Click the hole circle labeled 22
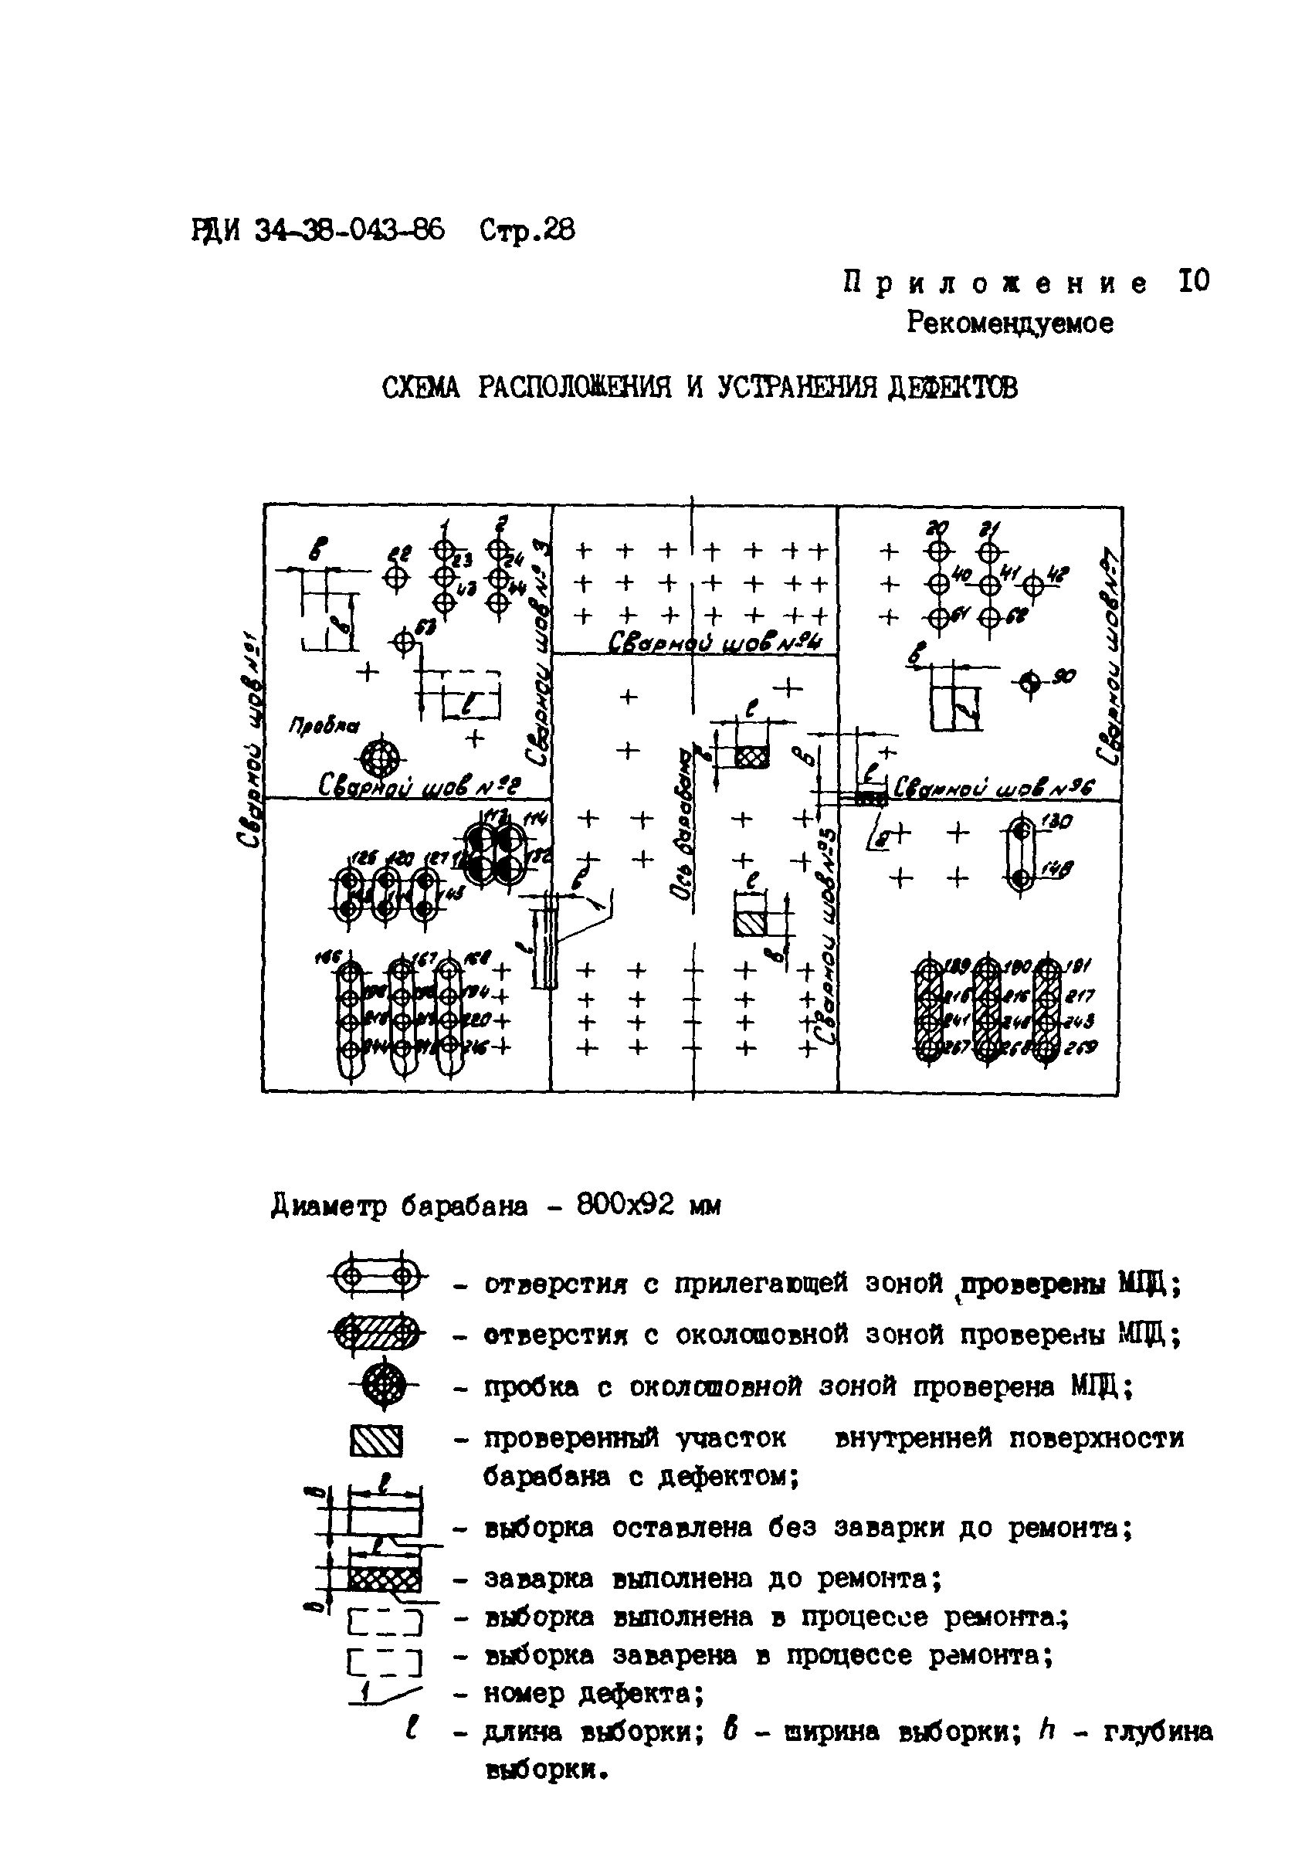(x=395, y=577)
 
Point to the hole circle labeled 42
(x=1033, y=584)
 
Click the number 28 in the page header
(x=558, y=231)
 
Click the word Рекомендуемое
(x=1009, y=323)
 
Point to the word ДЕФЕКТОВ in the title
(x=952, y=388)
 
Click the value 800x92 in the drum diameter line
(x=625, y=1206)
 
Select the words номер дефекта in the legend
(x=592, y=1693)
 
